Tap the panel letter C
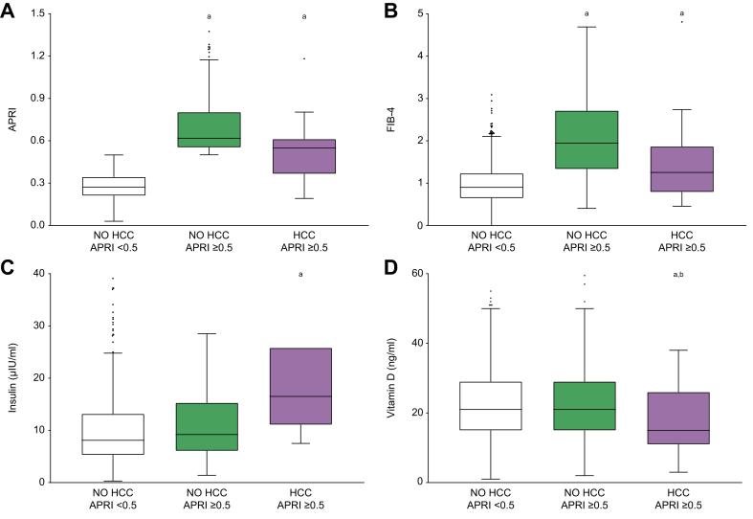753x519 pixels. [x=9, y=269]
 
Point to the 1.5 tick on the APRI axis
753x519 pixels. [x=39, y=14]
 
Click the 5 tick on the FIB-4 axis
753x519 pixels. [x=422, y=14]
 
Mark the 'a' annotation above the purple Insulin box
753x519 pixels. [x=301, y=275]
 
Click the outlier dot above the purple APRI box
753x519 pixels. [x=304, y=58]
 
